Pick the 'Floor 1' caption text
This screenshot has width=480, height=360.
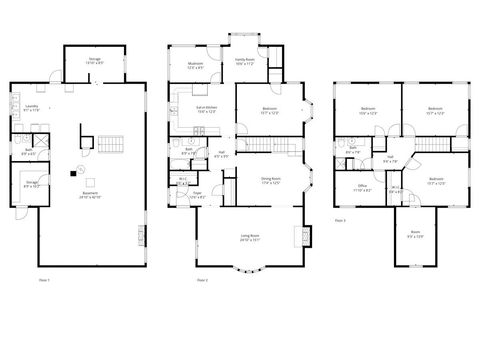[44, 279]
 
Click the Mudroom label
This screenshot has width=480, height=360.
[196, 65]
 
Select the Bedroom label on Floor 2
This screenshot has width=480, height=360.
[270, 110]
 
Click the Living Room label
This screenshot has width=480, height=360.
[250, 238]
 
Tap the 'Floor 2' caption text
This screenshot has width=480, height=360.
[202, 279]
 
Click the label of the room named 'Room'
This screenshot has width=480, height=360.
[416, 235]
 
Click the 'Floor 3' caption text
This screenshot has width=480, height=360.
[341, 219]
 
